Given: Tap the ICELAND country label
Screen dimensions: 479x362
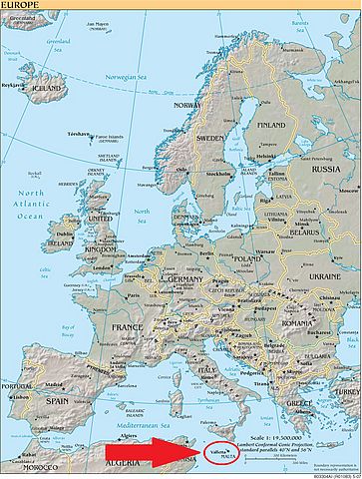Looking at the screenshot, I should point(50,87).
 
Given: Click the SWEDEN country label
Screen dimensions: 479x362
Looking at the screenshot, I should point(209,138).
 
